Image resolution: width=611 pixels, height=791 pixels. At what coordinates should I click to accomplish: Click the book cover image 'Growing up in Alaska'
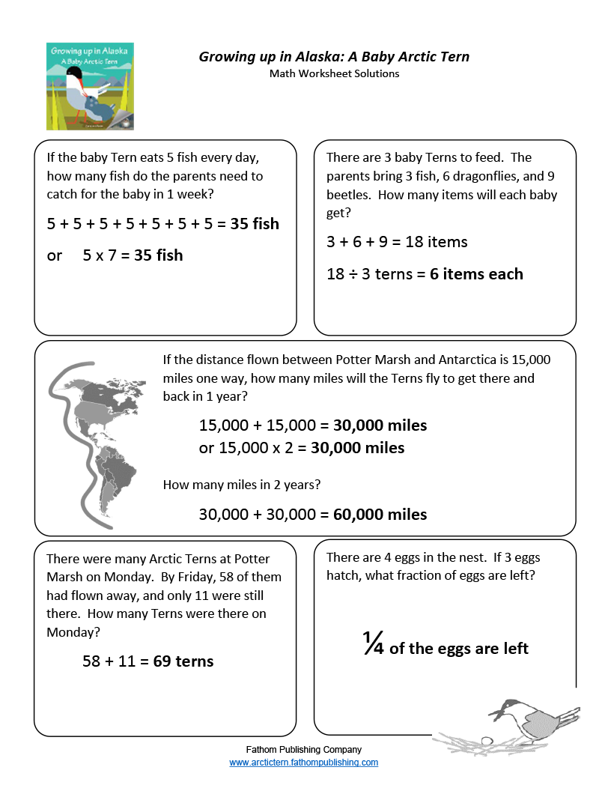(90, 86)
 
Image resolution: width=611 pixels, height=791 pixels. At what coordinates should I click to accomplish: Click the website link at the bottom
(303, 763)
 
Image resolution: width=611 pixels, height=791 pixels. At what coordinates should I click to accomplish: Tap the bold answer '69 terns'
(183, 661)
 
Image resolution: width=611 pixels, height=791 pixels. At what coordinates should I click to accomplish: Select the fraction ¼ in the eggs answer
(374, 645)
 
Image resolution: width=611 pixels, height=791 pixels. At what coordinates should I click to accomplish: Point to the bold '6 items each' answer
(476, 274)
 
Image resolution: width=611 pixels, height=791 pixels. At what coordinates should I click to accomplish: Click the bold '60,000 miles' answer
(380, 515)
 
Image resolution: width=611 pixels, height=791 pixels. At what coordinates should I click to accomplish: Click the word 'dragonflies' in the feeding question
(433, 176)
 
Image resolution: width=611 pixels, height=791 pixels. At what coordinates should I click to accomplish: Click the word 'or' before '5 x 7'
(55, 255)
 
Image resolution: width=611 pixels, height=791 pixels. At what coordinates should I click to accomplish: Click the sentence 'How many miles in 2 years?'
(242, 485)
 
